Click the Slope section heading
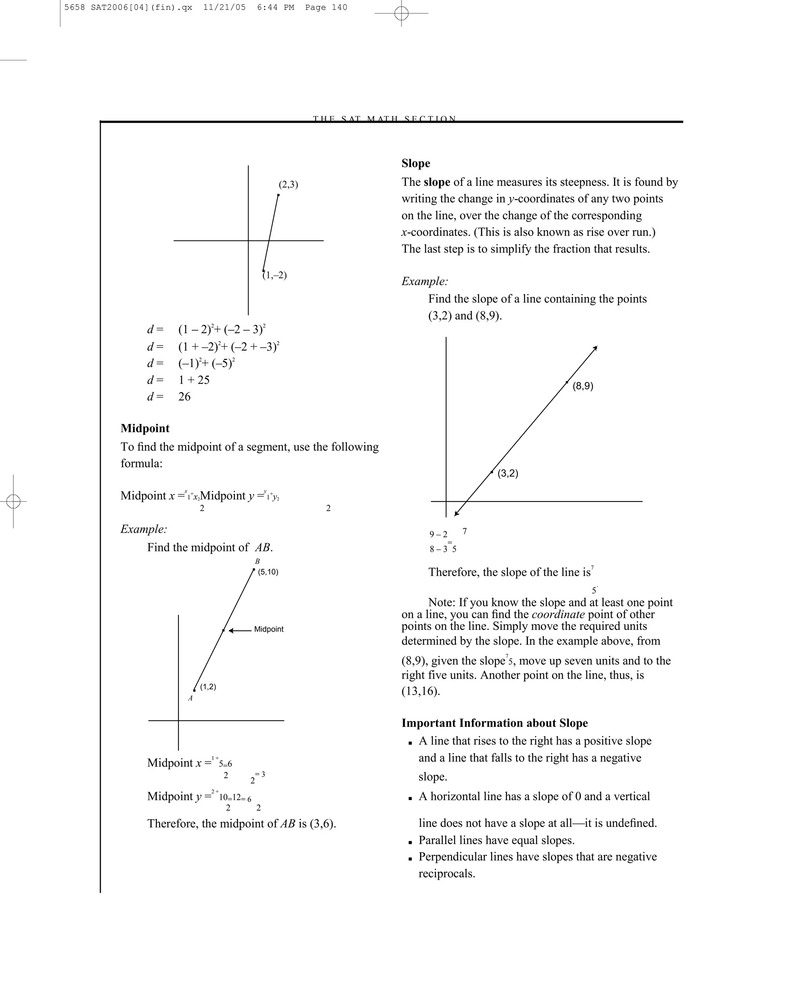416,163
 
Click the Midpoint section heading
145,429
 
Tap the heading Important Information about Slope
494,723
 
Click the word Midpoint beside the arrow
269,630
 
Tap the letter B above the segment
258,561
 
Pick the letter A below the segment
190,698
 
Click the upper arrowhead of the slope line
594,348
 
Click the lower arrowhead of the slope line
457,513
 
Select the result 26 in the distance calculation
184,397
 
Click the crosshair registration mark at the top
401,13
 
